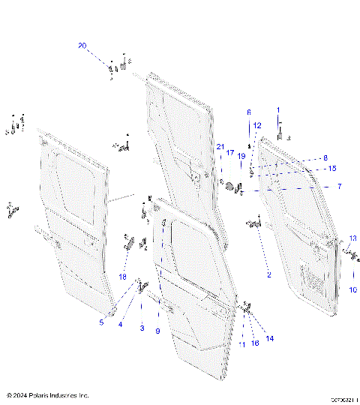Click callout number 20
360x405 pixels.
[82, 46]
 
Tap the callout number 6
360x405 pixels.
[249, 112]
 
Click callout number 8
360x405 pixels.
[325, 157]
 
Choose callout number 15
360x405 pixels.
[331, 168]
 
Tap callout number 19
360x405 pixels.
[241, 156]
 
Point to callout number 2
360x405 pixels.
[268, 274]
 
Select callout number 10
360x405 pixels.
[352, 289]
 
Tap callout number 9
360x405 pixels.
[157, 331]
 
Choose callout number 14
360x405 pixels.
[270, 338]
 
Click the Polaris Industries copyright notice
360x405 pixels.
[47, 394]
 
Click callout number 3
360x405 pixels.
[140, 328]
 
